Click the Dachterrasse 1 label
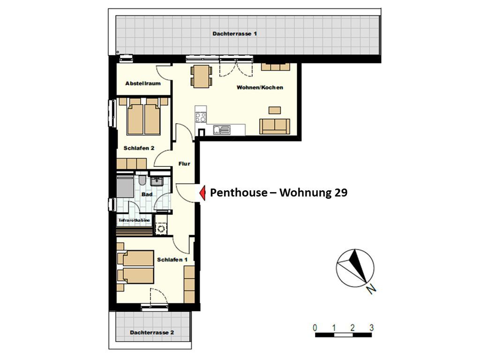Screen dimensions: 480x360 (x=234, y=34)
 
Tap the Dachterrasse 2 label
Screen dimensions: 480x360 (x=152, y=332)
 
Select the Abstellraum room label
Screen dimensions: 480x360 (x=143, y=83)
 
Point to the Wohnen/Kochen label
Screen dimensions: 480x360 (x=260, y=88)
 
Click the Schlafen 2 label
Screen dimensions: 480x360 (x=139, y=148)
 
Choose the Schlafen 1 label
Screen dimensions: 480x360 (x=172, y=260)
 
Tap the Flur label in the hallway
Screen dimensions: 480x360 (x=184, y=164)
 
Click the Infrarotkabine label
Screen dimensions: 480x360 (x=135, y=220)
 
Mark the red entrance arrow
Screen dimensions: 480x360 (x=202, y=193)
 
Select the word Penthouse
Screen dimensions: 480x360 (x=239, y=193)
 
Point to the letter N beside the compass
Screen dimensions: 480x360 (x=372, y=289)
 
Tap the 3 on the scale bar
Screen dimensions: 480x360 (x=371, y=328)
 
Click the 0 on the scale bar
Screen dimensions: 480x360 (x=315, y=328)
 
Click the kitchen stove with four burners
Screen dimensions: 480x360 (x=201, y=117)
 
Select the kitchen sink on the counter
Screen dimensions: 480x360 (x=222, y=130)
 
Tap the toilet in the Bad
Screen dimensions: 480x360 (x=142, y=180)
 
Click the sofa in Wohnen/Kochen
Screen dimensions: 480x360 (x=275, y=127)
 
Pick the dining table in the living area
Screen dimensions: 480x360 (x=202, y=76)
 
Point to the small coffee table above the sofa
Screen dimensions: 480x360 (x=275, y=110)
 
